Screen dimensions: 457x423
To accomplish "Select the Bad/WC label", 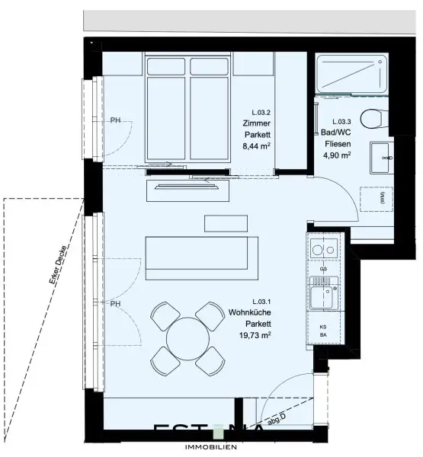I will (x=341, y=133).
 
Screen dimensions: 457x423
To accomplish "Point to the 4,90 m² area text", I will (x=341, y=155).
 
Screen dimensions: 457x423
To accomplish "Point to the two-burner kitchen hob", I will (x=325, y=248).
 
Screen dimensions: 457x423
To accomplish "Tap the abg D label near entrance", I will (x=277, y=418).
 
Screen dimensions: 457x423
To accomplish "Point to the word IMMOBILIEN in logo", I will (x=210, y=446).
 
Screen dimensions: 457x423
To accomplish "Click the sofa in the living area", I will (x=202, y=255).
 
